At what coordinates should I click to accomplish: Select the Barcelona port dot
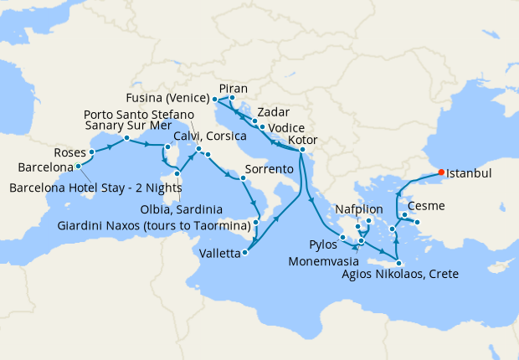click(x=78, y=166)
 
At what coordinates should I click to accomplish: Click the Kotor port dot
click(x=301, y=150)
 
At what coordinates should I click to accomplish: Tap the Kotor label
click(x=301, y=139)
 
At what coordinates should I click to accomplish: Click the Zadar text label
click(x=273, y=111)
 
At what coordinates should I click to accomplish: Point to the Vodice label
click(x=286, y=128)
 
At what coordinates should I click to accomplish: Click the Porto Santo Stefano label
click(x=139, y=114)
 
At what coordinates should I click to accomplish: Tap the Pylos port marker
click(x=344, y=239)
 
